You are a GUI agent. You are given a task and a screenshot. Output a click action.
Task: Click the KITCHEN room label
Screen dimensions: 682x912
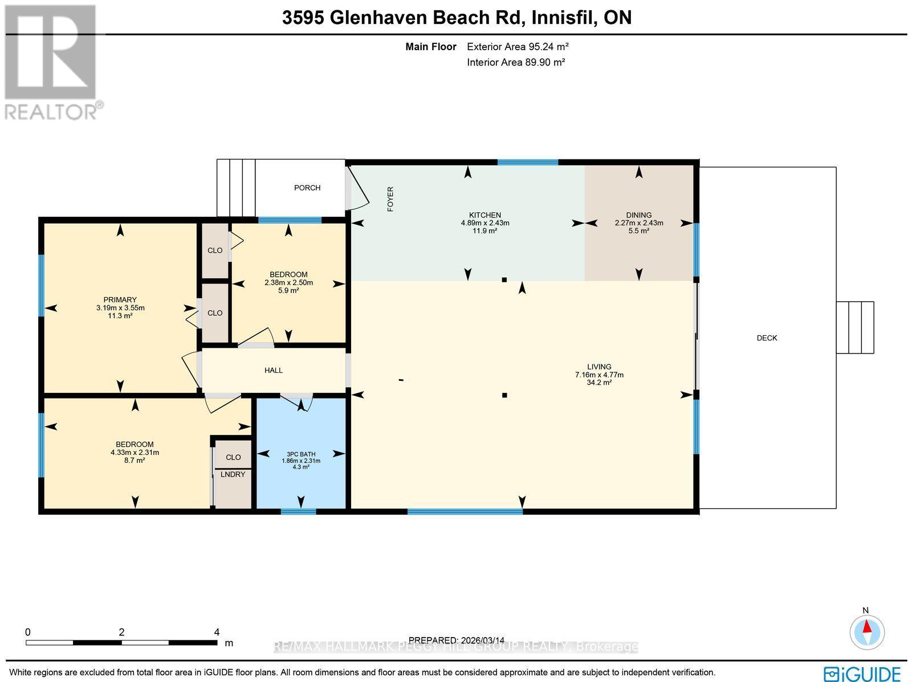pos(485,215)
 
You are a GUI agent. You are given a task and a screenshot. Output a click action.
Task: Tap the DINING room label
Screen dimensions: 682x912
pos(639,215)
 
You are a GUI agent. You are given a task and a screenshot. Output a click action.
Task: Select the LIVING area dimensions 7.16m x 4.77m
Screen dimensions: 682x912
pos(599,375)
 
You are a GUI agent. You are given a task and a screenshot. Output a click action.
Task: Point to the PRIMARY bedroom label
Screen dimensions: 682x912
pos(120,300)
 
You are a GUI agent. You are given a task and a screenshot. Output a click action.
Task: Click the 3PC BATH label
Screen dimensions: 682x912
pos(300,454)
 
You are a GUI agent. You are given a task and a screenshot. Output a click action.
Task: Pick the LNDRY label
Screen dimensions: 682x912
pos(233,474)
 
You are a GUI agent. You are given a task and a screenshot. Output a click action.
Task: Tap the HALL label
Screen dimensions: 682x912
pos(274,371)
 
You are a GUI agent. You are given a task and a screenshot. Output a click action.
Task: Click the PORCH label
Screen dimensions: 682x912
pos(307,188)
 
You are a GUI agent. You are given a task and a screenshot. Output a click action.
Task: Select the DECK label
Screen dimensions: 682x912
pos(767,338)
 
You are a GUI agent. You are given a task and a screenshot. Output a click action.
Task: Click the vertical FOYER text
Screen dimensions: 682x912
pos(390,199)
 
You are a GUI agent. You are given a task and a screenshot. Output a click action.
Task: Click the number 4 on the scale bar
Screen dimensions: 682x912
pos(217,632)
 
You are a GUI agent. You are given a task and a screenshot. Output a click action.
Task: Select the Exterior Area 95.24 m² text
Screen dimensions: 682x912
pos(518,47)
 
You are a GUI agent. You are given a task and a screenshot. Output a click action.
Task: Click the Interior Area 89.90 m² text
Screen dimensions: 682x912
pos(516,63)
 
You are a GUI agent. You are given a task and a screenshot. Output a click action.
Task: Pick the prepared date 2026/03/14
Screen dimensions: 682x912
pos(457,640)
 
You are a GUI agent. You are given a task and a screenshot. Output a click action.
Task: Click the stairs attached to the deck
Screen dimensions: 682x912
pos(855,327)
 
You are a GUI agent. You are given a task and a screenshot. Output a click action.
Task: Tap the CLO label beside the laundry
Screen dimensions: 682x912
pos(233,457)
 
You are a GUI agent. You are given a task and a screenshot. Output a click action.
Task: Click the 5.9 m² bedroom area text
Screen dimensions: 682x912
pos(288,290)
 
